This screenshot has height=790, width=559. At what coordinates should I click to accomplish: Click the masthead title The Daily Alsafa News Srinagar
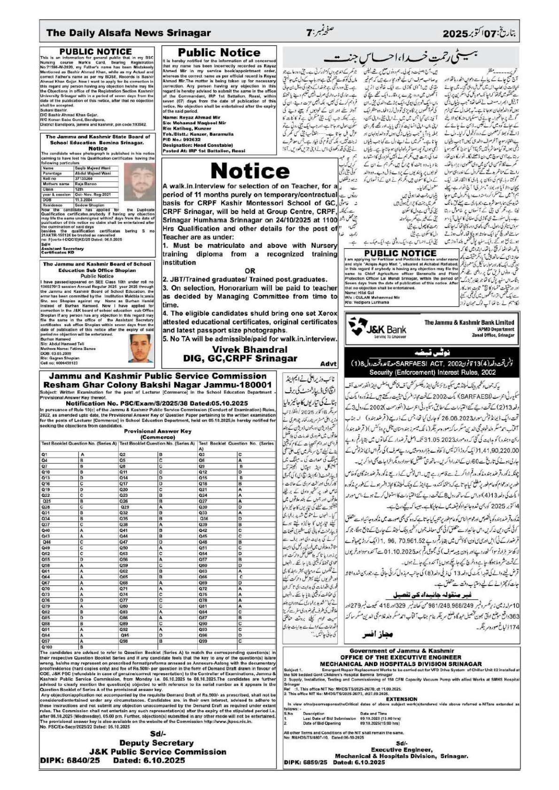[x=128, y=33]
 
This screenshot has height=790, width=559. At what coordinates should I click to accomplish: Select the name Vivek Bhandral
[x=249, y=349]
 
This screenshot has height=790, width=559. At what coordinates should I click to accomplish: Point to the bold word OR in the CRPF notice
[x=250, y=271]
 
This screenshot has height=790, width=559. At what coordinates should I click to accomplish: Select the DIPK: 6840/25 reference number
[x=70, y=760]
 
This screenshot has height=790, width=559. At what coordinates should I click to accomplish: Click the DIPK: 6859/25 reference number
[x=305, y=762]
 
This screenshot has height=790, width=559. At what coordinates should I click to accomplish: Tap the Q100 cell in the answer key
[x=47, y=647]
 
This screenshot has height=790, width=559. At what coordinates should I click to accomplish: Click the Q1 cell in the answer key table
[x=45, y=455]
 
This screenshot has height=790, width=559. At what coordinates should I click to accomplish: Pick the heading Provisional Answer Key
[x=157, y=431]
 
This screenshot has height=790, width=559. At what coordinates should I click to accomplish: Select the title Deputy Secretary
[x=156, y=743]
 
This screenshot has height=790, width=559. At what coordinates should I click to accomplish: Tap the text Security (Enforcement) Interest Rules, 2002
[x=433, y=372]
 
